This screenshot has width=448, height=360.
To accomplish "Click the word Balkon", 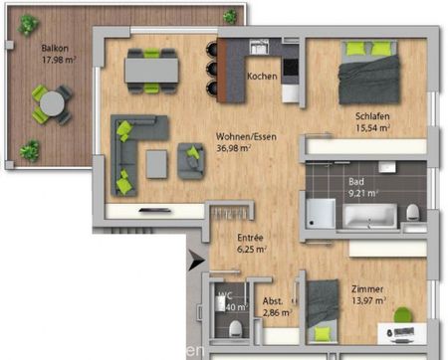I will pos(54,48).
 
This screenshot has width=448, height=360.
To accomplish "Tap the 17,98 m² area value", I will pos(59,60).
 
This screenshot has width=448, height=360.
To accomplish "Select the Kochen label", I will pos(262,77).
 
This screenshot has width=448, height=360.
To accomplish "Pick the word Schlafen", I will pos(371,116).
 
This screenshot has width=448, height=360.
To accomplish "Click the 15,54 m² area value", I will pos(371,128).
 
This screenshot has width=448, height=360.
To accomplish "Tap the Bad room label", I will pos(355,182).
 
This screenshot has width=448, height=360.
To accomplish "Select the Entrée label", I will pos(250,238).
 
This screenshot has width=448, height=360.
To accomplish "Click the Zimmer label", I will pos(367,288).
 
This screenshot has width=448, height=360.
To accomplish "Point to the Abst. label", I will pos(273,301).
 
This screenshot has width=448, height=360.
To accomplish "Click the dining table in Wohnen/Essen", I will pos(151,69).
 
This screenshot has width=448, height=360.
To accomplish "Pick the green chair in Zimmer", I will pos(402,315).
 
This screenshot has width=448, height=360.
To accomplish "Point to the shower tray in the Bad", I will pos(321,212).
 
